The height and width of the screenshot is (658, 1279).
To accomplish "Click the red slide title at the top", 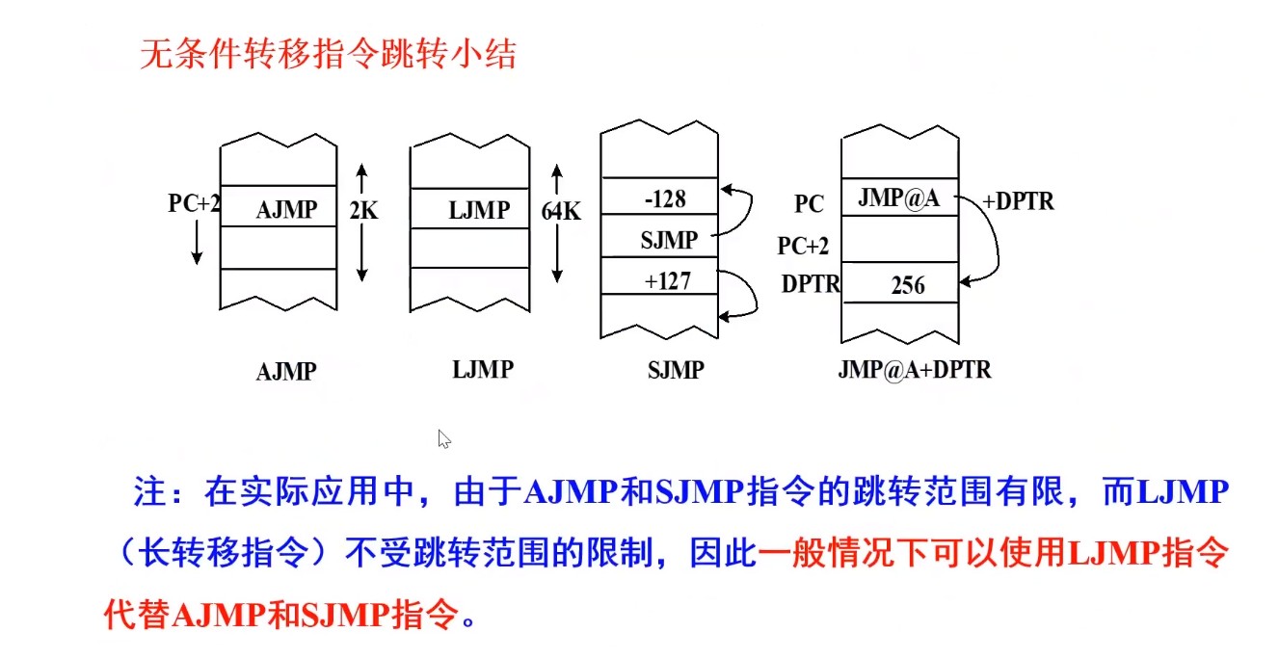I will pos(329,54).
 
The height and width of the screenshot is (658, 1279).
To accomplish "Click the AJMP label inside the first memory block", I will pos(286,209).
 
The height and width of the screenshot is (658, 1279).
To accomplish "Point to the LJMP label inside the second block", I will pos(479,209).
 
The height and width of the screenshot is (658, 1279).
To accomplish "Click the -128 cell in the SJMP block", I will pos(665,199).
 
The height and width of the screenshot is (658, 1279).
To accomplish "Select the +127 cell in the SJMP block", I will pos(668,281).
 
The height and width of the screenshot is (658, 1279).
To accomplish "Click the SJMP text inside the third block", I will pos(668,241).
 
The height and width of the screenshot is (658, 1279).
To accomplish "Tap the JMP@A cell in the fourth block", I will pos(898,199).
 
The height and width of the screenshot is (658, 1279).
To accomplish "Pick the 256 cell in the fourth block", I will pos(907,285).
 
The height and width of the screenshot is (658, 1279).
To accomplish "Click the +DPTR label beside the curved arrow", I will pos(1018,202).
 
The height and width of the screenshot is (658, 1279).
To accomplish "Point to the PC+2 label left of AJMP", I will pos(195,203).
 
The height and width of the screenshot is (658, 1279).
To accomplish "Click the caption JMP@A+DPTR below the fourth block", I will pos(916,370).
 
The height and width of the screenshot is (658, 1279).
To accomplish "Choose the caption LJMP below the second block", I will pos(482,369).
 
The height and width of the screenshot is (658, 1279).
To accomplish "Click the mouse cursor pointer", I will pos(443,439).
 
